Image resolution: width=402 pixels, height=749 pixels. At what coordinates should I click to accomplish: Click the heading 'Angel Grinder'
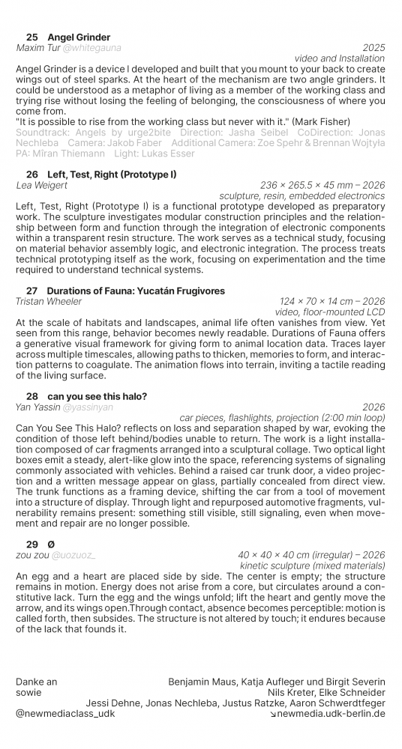coord(79,37)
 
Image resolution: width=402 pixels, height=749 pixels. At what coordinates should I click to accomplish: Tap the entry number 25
coord(32,37)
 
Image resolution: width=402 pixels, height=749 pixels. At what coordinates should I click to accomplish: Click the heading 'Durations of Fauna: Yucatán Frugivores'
coord(136,291)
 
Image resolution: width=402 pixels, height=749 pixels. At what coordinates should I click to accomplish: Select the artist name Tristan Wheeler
coord(49,301)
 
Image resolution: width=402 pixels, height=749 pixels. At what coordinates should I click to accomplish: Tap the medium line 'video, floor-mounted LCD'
coord(330,312)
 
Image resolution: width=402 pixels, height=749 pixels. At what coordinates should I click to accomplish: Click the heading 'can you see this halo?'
coord(97,396)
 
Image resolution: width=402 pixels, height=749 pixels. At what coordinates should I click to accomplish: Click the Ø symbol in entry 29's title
coord(51,545)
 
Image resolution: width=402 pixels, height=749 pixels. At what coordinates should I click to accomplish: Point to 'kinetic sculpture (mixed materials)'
coord(312,565)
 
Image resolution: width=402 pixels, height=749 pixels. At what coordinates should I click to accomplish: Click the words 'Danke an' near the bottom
coord(36,682)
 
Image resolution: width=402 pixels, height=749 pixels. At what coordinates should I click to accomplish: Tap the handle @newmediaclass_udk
coord(65,714)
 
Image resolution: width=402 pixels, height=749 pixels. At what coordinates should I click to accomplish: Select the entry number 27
coord(31,291)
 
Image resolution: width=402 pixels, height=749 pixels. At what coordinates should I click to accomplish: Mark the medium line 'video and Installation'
coord(340,58)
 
